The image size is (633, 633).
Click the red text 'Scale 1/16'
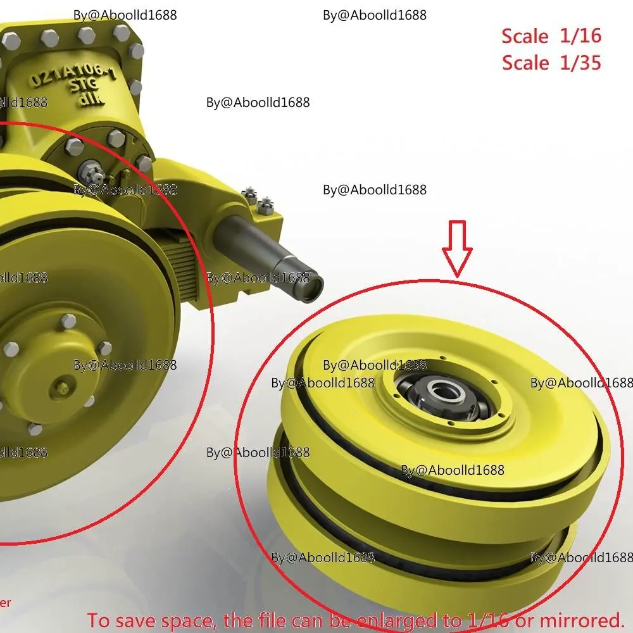[x=551, y=36]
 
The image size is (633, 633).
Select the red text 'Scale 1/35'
[x=551, y=63]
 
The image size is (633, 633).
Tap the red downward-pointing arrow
[x=457, y=248]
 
